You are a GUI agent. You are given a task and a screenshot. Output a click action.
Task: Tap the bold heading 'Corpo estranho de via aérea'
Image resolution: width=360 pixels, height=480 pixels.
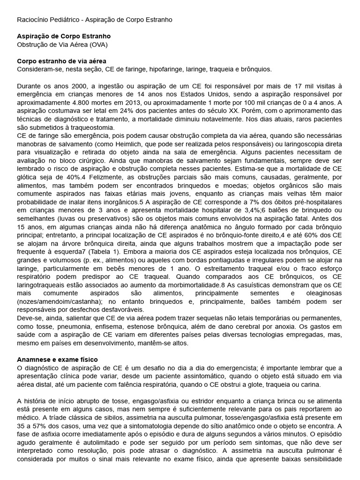click(x=61, y=61)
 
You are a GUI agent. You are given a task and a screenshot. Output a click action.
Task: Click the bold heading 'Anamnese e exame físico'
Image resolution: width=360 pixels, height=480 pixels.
click(x=57, y=359)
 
